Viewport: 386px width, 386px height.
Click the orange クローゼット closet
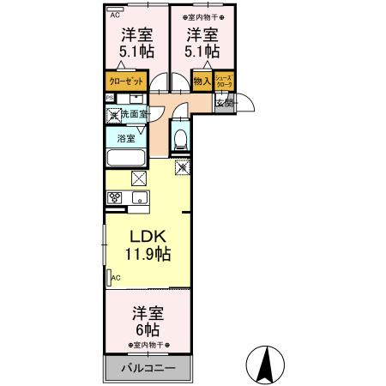(x=125, y=82)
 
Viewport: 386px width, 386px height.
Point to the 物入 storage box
(x=202, y=82)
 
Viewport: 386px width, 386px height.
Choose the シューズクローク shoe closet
(x=223, y=82)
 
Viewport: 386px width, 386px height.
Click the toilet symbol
(x=179, y=136)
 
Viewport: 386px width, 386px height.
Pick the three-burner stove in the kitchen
(x=116, y=198)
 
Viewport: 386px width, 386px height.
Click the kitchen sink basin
(x=140, y=199)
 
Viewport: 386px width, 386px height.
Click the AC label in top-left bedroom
(x=116, y=14)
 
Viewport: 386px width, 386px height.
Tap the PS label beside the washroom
(x=109, y=99)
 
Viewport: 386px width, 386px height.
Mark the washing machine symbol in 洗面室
(x=112, y=113)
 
